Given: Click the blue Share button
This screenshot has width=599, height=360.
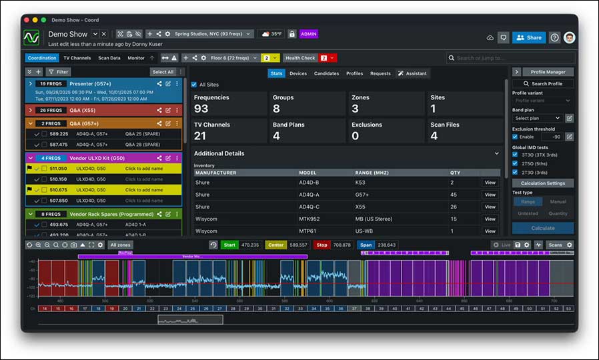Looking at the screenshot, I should click(x=529, y=38).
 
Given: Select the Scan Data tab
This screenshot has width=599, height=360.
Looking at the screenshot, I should click(x=109, y=58).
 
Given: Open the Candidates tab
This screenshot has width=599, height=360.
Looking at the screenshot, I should click(x=326, y=73).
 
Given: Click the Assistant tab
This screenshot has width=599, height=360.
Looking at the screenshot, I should click(x=414, y=73).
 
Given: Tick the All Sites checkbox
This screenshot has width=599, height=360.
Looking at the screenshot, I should click(x=194, y=85).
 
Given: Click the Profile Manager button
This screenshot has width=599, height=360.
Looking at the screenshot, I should click(x=548, y=72).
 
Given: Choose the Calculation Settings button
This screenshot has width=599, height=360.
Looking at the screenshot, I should click(x=543, y=183).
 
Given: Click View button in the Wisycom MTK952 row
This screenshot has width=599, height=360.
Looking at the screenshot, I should click(x=490, y=219).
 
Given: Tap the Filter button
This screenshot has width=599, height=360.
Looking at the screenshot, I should click(x=59, y=72).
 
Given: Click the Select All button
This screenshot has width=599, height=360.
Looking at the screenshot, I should click(x=163, y=72).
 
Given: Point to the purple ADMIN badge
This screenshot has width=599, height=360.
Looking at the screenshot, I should click(x=309, y=34).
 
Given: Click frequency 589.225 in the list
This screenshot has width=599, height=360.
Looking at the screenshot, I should click(x=59, y=134).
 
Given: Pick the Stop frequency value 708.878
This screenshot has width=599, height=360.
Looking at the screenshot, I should click(x=342, y=245).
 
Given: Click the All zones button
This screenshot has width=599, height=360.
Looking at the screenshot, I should click(x=120, y=245).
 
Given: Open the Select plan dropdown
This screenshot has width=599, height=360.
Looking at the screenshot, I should click(x=537, y=118).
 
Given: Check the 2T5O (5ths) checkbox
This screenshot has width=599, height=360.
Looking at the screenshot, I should click(x=515, y=163).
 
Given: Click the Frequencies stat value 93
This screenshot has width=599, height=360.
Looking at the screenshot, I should click(x=201, y=109).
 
